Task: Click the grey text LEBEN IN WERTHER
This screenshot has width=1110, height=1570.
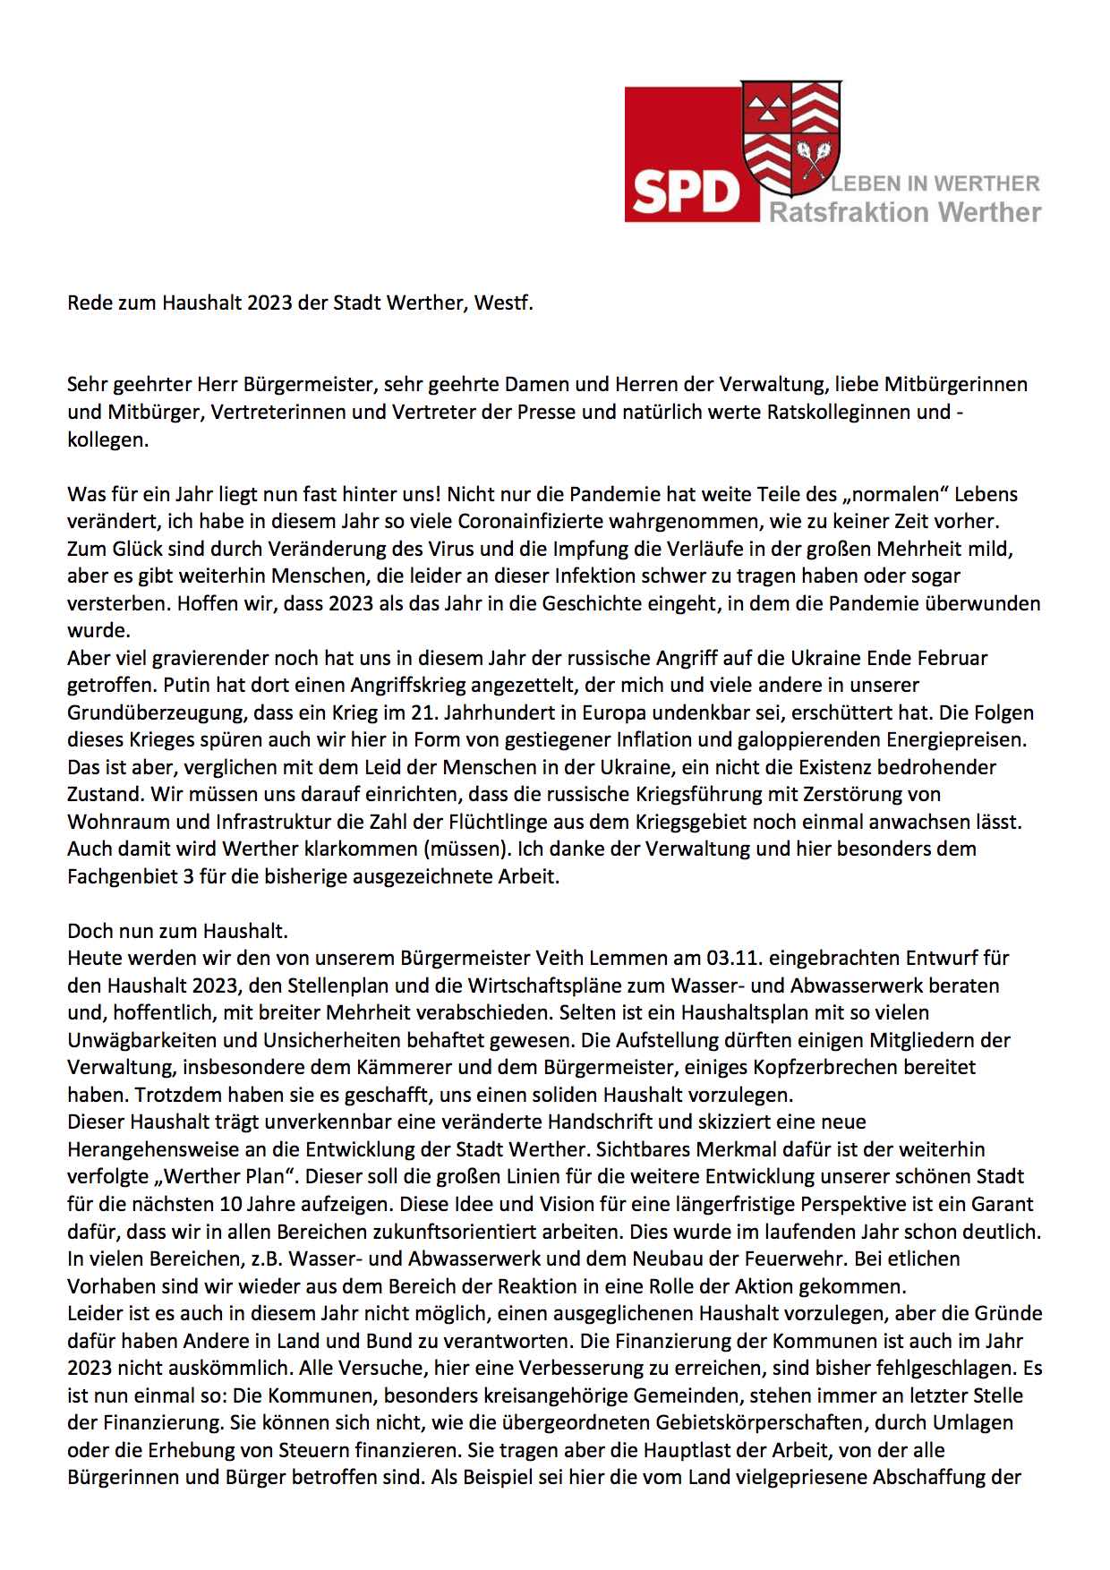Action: (x=935, y=184)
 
